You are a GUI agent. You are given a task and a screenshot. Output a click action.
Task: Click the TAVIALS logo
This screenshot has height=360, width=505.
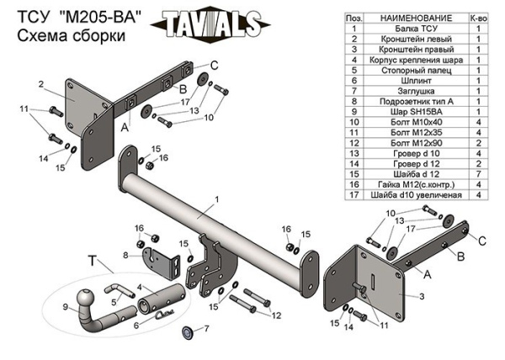coord(210,24)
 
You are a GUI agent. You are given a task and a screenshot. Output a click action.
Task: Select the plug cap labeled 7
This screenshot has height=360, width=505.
coord(188,332)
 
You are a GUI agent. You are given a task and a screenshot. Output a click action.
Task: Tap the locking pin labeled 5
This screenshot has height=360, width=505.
coord(119,290)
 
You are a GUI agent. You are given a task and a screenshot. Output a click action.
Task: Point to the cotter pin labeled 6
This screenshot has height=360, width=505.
coord(164,314)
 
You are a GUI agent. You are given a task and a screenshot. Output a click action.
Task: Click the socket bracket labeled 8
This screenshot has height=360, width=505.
coord(161,262)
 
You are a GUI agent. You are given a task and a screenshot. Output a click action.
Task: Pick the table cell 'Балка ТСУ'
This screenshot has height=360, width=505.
coord(416,29)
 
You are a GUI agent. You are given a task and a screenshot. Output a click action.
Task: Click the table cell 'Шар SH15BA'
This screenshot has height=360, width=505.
coord(416,112)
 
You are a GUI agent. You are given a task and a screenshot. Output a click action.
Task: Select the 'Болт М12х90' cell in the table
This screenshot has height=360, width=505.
coord(416,143)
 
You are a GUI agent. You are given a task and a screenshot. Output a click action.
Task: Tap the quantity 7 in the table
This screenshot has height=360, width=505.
coord(479,174)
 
